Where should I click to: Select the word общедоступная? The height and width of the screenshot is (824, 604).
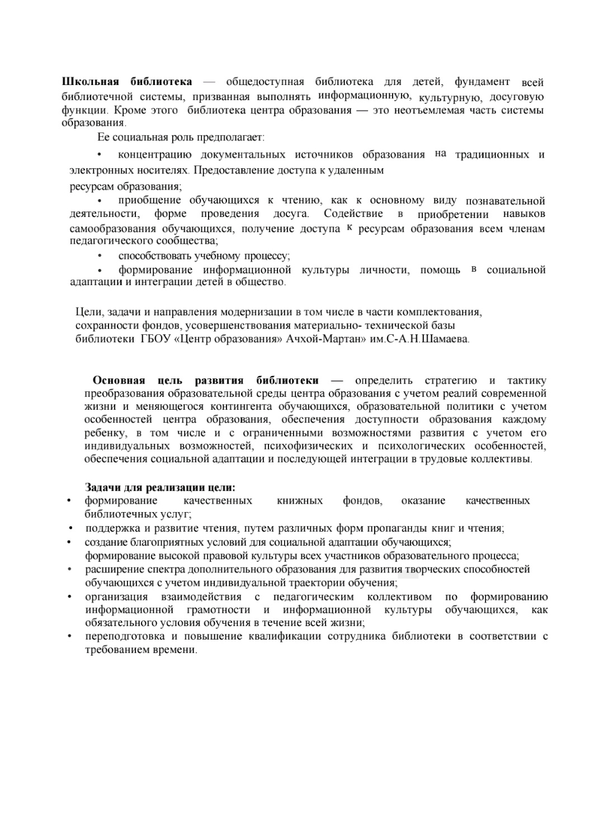tap(265, 82)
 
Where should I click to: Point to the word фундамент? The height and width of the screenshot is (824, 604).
tap(482, 82)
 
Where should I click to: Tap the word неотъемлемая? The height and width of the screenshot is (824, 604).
tap(429, 110)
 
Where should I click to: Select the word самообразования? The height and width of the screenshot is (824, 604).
tap(112, 229)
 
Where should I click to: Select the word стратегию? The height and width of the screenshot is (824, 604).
tap(450, 381)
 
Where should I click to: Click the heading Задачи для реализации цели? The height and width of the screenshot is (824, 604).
tap(160, 487)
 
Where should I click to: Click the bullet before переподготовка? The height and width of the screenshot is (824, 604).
tap(69, 636)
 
